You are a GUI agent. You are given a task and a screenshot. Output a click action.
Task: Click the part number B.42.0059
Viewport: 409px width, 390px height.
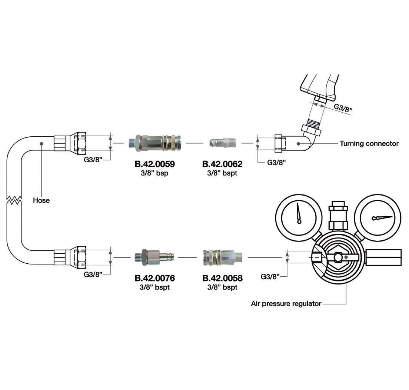154,164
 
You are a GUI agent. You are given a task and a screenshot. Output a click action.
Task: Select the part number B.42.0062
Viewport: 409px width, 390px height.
222,164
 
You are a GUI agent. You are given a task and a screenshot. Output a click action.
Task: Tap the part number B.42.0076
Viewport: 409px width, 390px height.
154,278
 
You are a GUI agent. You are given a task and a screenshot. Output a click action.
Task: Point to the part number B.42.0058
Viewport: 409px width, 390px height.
222,278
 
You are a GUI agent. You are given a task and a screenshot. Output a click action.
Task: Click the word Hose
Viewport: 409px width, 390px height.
41,200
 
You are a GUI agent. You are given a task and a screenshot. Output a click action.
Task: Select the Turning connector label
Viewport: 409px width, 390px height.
369,143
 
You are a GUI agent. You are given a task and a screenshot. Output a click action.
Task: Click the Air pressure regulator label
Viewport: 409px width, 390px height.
286,304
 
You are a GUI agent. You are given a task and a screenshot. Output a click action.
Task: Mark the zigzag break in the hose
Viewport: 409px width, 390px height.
14,200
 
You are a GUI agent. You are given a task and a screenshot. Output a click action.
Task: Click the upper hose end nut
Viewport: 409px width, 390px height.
80,143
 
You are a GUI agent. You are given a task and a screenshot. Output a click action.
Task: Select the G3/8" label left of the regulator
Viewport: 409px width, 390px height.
270,276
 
